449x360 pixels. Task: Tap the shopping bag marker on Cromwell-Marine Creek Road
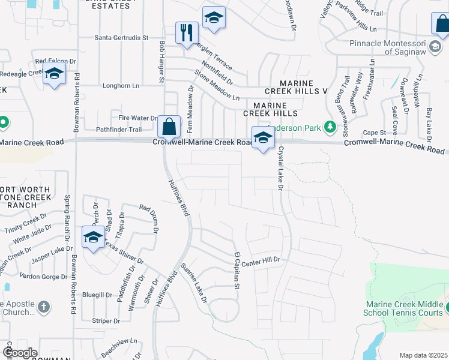tap(169, 127)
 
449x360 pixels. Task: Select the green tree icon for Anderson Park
tap(329, 127)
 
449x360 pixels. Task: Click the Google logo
tap(20, 353)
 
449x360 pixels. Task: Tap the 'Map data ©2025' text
tap(424, 355)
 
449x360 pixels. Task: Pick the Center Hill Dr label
tap(262, 260)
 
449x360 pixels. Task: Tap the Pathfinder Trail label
tap(119, 130)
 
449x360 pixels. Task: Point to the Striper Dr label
tap(106, 321)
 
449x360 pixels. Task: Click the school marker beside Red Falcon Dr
tap(55, 74)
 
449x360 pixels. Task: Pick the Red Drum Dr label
tap(150, 218)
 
